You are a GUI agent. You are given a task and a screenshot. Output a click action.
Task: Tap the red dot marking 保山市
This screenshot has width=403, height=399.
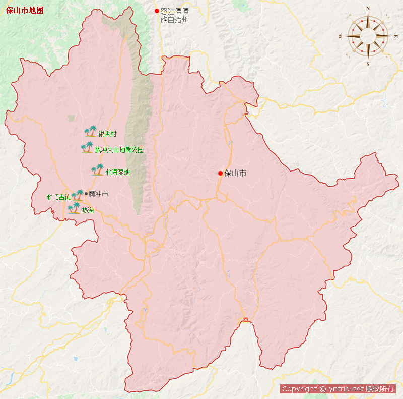point(220,174)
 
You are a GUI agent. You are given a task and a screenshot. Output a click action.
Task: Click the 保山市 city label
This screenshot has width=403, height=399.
point(235,174)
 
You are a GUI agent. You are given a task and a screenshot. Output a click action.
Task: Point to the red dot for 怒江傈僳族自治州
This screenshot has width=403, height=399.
point(157,11)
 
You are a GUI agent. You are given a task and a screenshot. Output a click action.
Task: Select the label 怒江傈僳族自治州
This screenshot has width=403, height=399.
point(174,16)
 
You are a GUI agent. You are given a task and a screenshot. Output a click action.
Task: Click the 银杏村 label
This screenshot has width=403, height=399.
point(107,134)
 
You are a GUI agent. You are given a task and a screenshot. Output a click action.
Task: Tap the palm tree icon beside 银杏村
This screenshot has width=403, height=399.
point(90,132)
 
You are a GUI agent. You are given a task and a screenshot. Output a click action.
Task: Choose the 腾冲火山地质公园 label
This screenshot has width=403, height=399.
point(119,150)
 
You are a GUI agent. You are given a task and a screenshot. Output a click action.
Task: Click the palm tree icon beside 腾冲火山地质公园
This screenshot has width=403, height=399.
point(87,148)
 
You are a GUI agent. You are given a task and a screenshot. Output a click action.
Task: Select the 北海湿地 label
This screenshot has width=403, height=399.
point(118,172)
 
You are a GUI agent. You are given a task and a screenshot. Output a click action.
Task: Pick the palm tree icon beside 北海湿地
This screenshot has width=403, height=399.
point(97,170)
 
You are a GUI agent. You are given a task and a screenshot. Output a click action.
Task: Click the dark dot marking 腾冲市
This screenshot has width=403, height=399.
point(86,193)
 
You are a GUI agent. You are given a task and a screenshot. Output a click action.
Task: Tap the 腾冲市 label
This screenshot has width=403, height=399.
point(98,194)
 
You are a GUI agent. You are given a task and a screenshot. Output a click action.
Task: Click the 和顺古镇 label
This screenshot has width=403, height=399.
point(58,197)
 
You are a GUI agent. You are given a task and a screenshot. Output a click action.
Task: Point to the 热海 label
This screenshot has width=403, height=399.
point(88,210)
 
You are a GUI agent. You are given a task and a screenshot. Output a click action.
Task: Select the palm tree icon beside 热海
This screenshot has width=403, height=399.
point(74,208)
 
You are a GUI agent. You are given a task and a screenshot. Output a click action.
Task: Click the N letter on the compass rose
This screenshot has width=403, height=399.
point(368,9)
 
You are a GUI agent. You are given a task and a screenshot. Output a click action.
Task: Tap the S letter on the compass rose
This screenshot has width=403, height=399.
point(368,64)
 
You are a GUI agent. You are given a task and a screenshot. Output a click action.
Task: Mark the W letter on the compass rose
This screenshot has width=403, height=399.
point(340,36)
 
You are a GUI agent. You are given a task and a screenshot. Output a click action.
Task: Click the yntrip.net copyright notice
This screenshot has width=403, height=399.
point(338,389)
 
